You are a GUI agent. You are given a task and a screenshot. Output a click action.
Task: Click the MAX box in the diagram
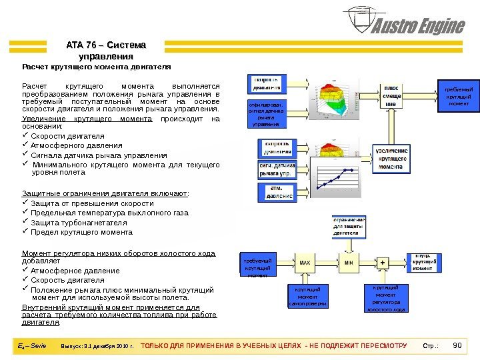pos(305,263)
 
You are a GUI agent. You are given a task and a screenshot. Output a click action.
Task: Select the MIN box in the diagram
pos(348,263)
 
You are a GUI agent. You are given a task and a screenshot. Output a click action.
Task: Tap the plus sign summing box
pos(383,263)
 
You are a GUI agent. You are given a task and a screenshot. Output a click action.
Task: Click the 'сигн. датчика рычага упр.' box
pos(275,169)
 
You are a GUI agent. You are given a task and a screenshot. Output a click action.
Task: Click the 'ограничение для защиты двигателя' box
pos(349,226)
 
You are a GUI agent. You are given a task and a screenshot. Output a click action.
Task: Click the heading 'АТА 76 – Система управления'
pos(106,50)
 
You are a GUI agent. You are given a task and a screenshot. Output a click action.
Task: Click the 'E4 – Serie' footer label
pos(31,346)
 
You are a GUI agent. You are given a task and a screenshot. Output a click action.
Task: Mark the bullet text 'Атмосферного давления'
pos(77,145)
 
